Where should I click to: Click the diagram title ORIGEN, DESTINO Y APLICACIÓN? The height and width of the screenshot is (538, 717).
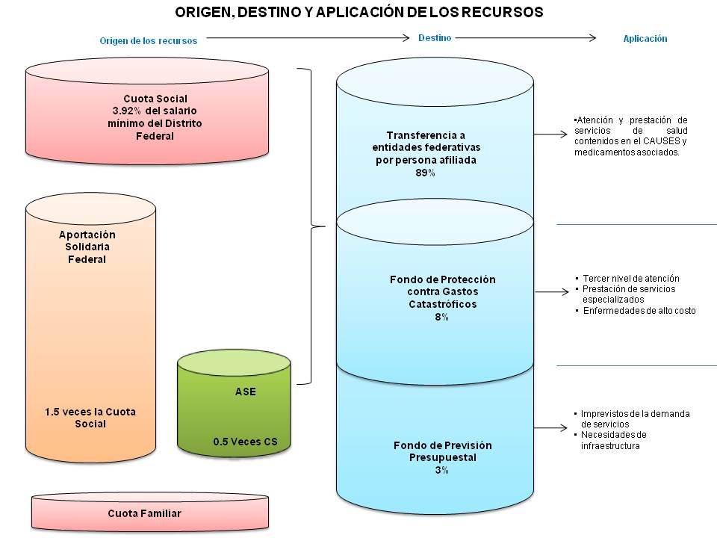point(358,12)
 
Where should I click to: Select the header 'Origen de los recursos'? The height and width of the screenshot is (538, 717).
point(149,41)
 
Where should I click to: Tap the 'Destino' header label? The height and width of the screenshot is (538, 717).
point(435,37)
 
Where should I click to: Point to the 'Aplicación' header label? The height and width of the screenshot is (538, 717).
point(645,39)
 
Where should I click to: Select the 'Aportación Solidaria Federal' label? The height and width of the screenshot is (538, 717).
point(87,247)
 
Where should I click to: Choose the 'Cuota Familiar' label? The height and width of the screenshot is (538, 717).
point(144,513)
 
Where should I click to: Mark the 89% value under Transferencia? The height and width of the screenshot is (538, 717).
point(426,173)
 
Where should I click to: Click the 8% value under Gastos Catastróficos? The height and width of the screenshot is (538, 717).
point(441,317)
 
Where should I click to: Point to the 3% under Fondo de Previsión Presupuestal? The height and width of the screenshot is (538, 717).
point(442,470)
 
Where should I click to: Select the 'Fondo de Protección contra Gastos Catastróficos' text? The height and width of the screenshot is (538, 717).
point(442,291)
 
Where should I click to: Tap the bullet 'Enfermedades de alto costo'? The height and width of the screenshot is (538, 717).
point(640,311)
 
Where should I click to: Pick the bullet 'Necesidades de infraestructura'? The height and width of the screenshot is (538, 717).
point(612,440)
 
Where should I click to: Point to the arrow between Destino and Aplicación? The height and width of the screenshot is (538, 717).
point(527,38)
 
